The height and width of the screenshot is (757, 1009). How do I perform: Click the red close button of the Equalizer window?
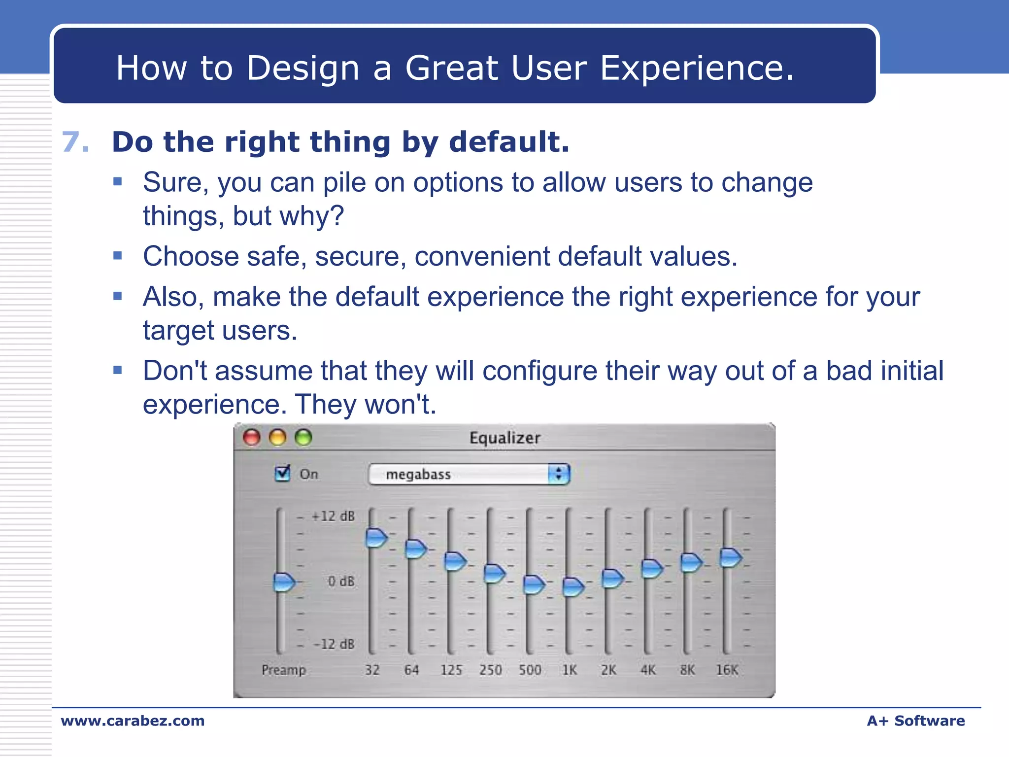coord(252,437)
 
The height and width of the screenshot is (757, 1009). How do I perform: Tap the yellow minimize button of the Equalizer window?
coord(278,437)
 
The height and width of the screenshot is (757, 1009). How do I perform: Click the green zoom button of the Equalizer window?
coord(303,437)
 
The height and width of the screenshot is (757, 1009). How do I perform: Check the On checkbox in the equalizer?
coord(283,474)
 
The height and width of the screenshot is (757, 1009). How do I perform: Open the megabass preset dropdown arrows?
coord(558,474)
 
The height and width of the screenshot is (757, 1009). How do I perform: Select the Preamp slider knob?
coord(283,582)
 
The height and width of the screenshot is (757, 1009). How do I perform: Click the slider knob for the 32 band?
coord(376,538)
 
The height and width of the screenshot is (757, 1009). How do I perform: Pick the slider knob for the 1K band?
coord(572,586)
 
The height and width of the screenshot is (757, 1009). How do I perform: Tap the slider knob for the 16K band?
coord(730,557)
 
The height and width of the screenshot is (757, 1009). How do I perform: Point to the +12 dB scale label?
coord(333,516)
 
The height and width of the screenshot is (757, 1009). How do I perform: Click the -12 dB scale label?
coord(334,644)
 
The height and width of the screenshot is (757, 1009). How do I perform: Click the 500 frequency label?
coord(530,670)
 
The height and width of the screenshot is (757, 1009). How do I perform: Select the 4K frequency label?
coord(648,670)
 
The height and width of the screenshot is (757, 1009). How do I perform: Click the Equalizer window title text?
coord(504,438)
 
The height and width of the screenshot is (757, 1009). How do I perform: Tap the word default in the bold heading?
coord(508,142)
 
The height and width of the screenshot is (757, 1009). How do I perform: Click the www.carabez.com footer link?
coord(133,721)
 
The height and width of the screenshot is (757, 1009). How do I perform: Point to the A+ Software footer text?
coord(915,721)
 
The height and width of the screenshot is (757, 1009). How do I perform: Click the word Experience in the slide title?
coord(697,68)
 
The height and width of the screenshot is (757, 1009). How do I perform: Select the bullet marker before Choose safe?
coord(117,256)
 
